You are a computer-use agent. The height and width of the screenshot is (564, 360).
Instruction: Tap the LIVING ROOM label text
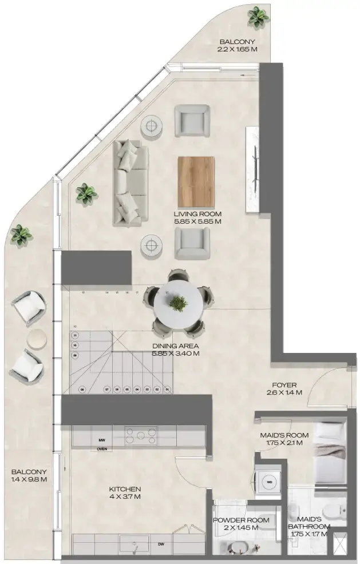pyautogui.click(x=197, y=214)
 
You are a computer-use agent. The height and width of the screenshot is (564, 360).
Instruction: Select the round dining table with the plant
pyautogui.click(x=179, y=304)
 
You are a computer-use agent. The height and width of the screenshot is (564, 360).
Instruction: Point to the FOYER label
pyautogui.click(x=284, y=385)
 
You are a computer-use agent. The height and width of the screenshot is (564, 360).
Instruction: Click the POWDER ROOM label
pyautogui.click(x=240, y=520)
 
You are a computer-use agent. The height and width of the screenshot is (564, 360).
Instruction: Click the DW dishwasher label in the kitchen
pyautogui.click(x=160, y=544)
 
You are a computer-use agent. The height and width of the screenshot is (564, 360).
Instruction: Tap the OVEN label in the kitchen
pyautogui.click(x=102, y=449)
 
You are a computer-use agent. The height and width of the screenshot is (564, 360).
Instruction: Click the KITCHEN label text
pyautogui.click(x=125, y=489)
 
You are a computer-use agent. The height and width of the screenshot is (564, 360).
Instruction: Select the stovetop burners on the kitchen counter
pyautogui.click(x=141, y=433)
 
